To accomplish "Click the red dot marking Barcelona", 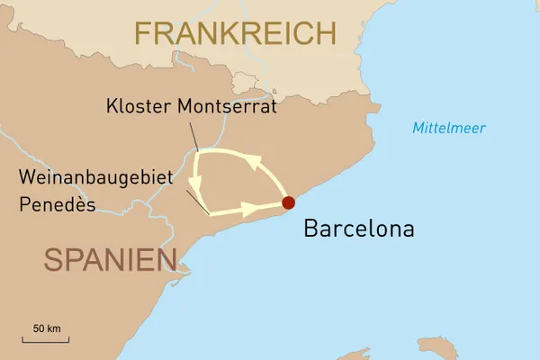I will (288, 203).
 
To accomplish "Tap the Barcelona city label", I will (359, 229).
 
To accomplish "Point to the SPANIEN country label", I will (110, 260).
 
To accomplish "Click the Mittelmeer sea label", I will (449, 128).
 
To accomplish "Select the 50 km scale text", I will (47, 328).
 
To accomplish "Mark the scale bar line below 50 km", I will (46, 339).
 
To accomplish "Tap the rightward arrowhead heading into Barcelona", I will (250, 210).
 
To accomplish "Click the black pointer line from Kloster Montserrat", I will (195, 135).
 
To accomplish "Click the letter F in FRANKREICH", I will (145, 34).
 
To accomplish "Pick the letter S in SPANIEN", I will (54, 260).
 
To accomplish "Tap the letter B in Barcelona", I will (310, 229).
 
